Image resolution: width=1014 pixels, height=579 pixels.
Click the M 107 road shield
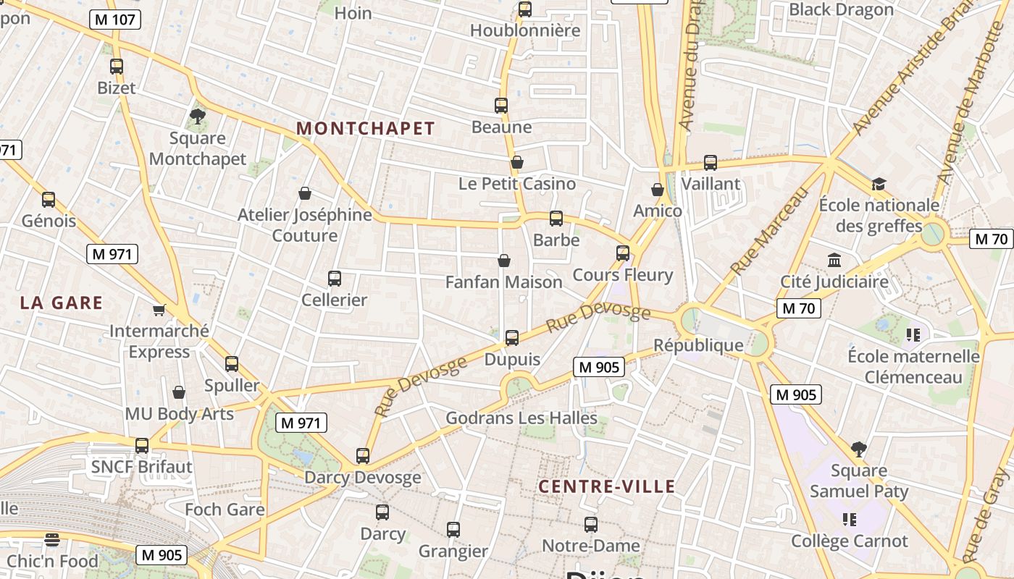coord(114,20)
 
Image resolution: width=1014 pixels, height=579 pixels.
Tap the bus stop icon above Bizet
coord(117,67)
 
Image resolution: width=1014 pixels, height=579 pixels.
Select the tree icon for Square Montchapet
coord(197,116)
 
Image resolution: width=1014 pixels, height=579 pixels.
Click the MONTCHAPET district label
coord(366,129)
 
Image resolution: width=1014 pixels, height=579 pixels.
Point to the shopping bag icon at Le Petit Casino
coord(516,162)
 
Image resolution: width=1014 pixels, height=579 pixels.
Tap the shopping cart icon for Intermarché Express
coord(159,310)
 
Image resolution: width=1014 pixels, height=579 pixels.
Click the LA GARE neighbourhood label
coord(62,303)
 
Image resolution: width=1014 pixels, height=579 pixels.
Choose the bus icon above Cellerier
coord(334,279)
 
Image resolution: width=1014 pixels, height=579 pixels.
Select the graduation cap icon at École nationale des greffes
coord(879,184)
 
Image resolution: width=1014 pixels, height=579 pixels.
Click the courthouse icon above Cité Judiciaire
coord(834,260)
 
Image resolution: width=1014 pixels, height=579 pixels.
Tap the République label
coord(698,345)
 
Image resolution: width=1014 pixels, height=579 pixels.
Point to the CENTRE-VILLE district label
coord(607,486)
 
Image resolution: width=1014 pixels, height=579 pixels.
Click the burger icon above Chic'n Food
coord(51,540)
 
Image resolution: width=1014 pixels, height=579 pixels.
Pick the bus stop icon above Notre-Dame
coord(591,525)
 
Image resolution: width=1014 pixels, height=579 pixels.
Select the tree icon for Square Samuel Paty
coord(859,449)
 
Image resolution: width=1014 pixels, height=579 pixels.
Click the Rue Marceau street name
coord(769,231)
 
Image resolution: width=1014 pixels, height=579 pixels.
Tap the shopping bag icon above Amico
coord(657,190)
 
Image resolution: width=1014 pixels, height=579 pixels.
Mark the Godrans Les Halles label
coord(521,418)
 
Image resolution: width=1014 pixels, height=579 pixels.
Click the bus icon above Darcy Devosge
coord(362,456)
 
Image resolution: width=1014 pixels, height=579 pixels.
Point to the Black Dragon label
coord(841,10)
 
